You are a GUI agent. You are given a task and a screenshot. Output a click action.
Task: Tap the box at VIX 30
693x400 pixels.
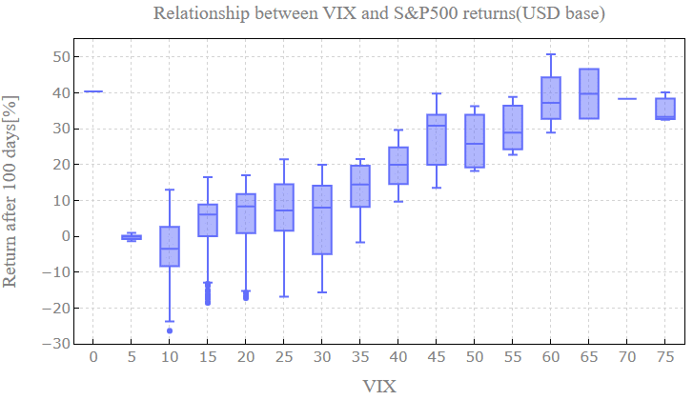(x=322, y=220)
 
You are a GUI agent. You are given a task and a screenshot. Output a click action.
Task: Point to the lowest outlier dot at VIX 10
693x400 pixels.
(x=170, y=330)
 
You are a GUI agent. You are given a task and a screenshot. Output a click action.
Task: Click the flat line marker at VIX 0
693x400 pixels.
(x=93, y=91)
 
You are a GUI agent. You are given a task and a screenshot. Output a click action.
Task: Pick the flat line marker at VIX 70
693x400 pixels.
(x=627, y=99)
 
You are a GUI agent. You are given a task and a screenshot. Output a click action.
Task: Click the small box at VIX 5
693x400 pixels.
(x=132, y=237)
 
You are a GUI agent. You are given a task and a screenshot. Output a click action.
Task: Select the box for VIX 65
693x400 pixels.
(x=589, y=93)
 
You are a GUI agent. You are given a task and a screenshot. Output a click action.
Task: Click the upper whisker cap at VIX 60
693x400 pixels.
(x=551, y=54)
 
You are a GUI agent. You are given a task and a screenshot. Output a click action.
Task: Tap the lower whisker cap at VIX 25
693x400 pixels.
(x=284, y=296)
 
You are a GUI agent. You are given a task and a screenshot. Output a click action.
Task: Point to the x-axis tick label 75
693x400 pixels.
(x=665, y=356)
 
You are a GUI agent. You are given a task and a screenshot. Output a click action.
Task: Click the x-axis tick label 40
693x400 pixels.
(x=398, y=356)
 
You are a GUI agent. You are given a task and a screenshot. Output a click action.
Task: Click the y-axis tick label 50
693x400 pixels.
(x=61, y=57)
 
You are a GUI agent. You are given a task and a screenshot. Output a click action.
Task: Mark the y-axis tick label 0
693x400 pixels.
(x=65, y=236)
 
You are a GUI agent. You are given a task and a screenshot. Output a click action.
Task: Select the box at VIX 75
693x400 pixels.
(x=665, y=108)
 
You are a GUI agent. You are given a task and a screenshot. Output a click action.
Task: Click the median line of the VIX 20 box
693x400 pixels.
(x=246, y=206)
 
